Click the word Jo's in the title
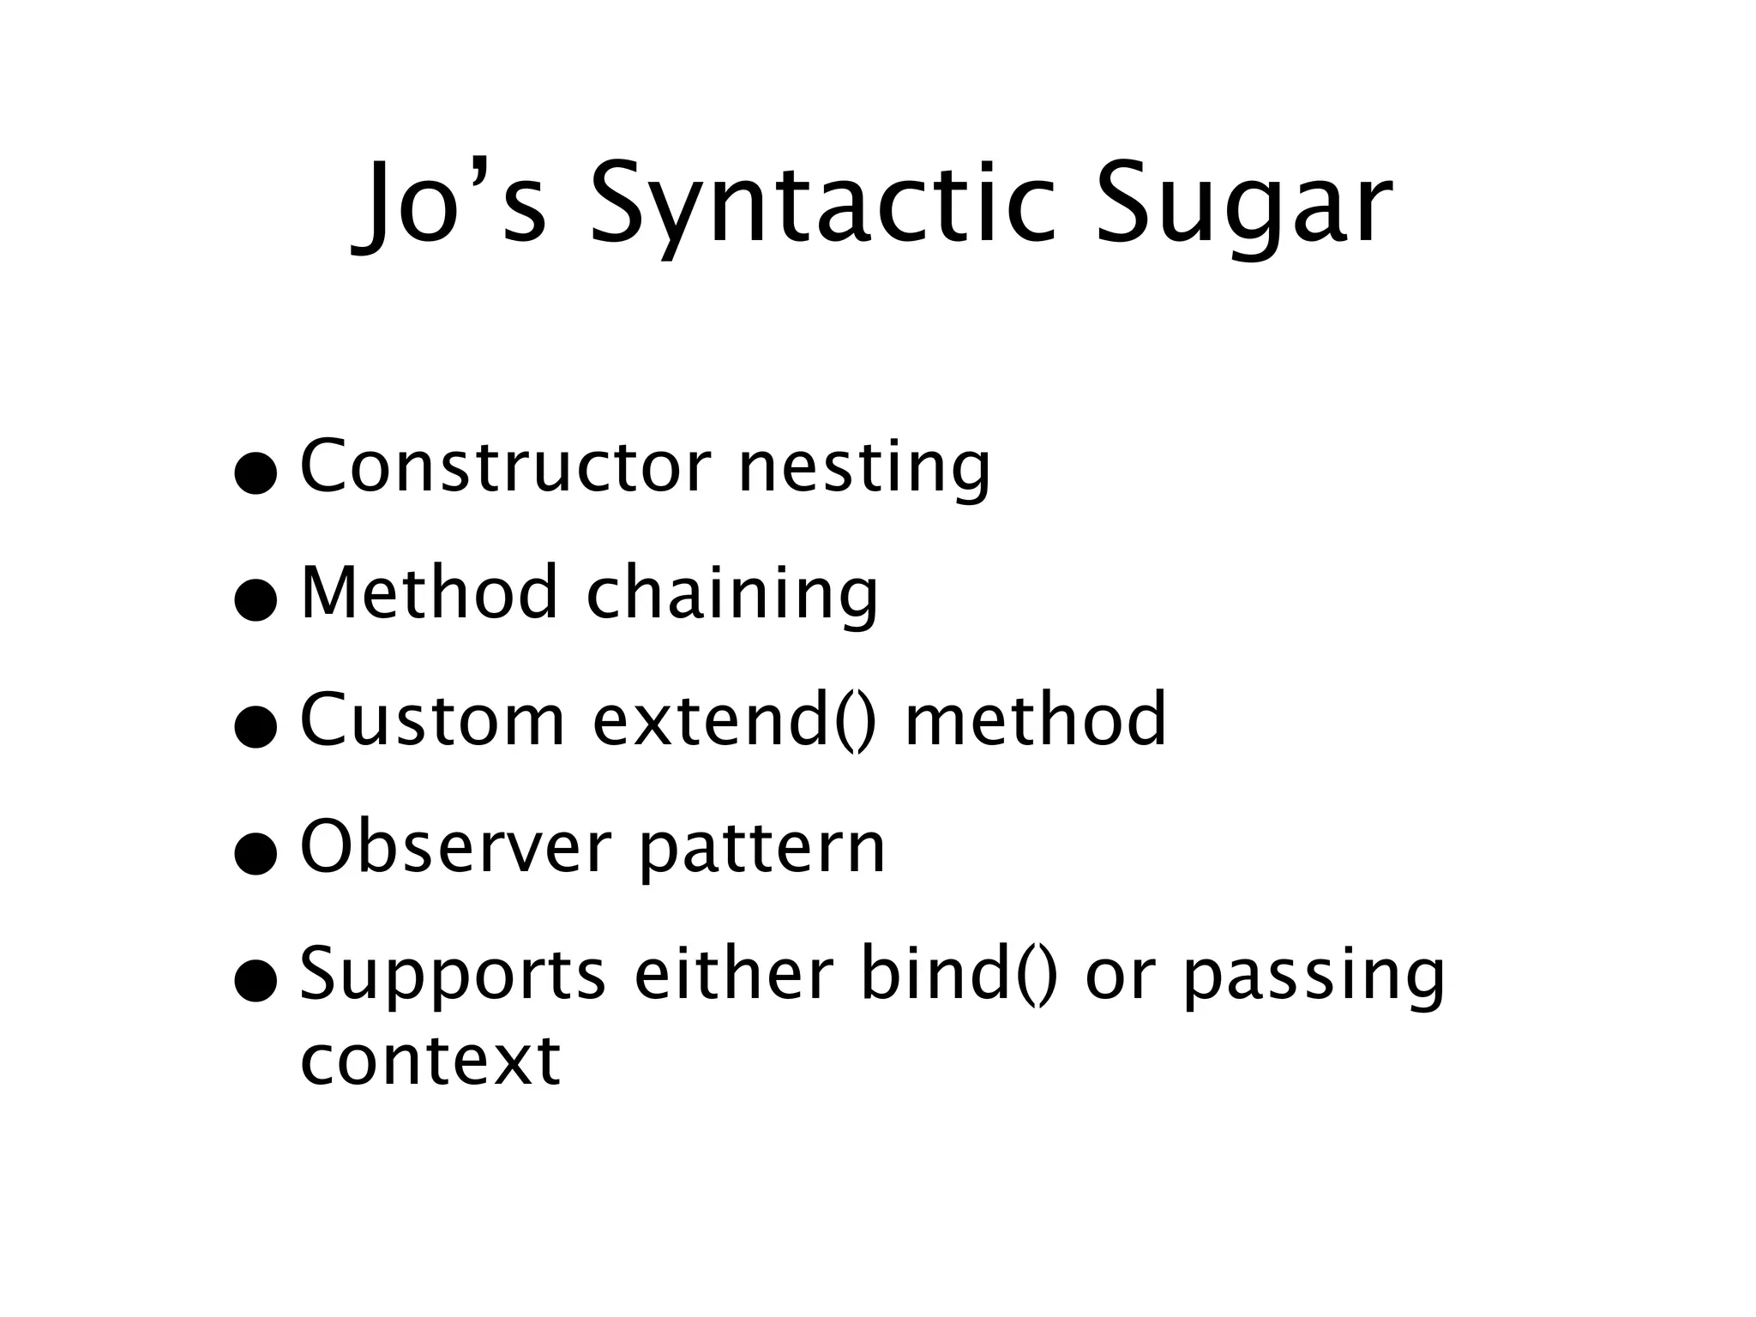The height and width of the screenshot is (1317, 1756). tap(448, 206)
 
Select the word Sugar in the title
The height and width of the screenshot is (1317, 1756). tap(1243, 206)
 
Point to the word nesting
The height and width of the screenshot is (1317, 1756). tap(864, 470)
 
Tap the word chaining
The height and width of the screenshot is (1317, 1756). tap(732, 595)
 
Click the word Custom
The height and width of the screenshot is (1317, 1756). tap(433, 719)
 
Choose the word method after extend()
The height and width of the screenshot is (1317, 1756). tap(1036, 719)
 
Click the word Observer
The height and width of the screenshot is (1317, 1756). tap(455, 847)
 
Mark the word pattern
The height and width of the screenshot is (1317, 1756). tap(762, 851)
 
